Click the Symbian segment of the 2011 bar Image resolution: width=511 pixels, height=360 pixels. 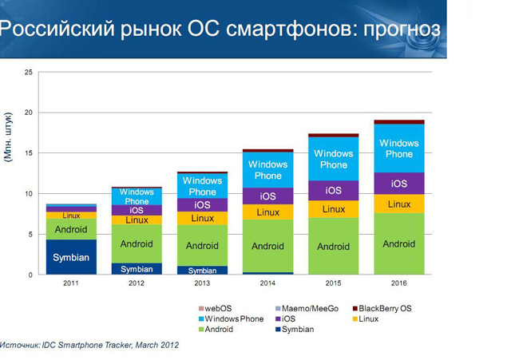point(71,257)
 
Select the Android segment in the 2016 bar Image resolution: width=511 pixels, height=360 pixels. point(398,244)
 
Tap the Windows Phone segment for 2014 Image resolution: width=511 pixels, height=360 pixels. point(267,170)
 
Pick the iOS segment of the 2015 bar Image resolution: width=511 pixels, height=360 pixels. point(333,191)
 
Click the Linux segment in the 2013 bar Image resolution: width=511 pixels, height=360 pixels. point(202,218)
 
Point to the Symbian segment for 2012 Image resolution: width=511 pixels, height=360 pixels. point(137,269)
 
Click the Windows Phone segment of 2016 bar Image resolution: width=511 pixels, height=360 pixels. point(398,148)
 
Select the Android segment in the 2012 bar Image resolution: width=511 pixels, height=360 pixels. point(137,244)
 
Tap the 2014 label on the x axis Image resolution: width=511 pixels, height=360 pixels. point(267,283)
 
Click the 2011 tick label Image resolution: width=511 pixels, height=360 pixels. point(71,283)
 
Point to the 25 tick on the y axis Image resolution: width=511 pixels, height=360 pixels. point(29,73)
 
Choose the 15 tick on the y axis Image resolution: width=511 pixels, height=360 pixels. point(29,153)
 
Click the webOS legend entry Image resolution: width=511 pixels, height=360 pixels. point(217,308)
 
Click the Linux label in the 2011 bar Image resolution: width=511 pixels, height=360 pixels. point(71,216)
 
